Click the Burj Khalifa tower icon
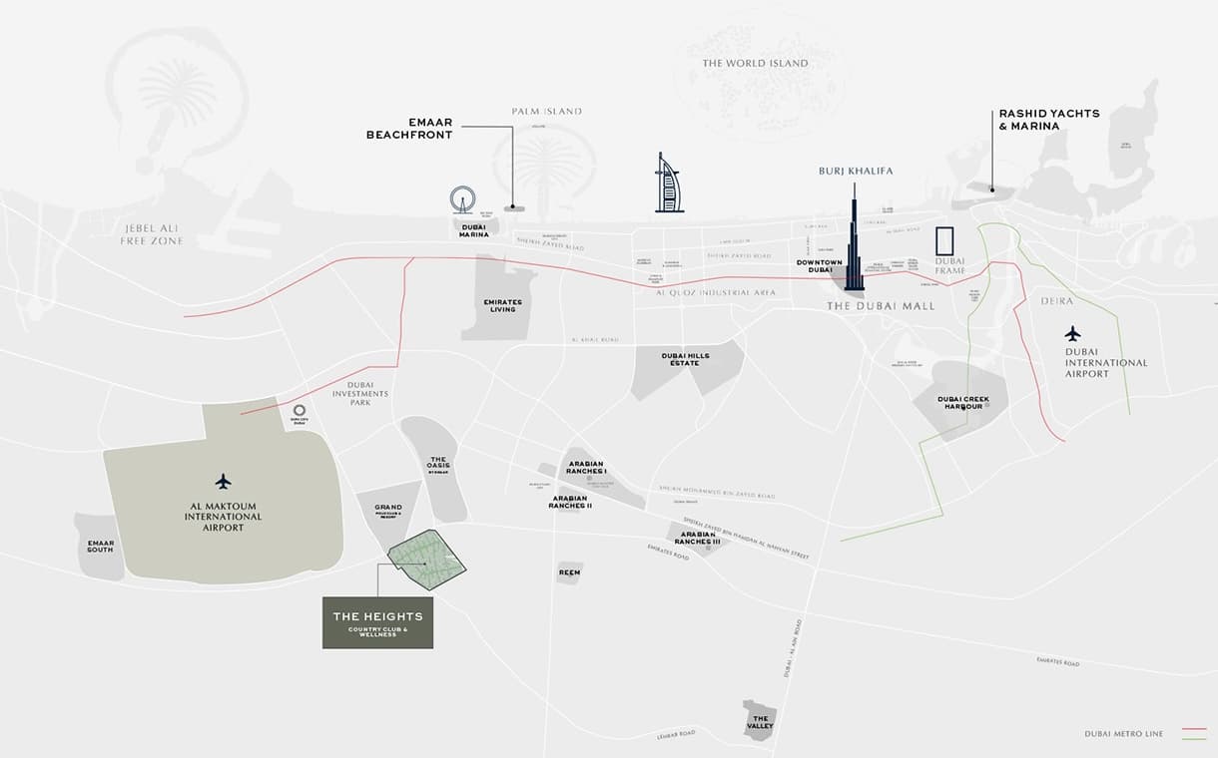tap(854, 239)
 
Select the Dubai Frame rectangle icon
tap(944, 243)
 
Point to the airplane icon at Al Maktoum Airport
tap(223, 482)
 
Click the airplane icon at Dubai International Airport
tap(1072, 333)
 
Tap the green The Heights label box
tap(377, 622)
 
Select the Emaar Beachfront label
tap(424, 128)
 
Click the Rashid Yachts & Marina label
tap(1048, 120)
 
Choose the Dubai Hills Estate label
tap(685, 359)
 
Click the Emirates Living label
tap(503, 305)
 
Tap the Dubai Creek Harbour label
tap(962, 403)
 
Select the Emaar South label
tap(101, 546)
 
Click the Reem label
tap(569, 572)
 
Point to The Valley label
tap(761, 722)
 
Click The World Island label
tap(755, 64)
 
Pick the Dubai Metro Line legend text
tap(1123, 734)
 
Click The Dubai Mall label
tap(881, 306)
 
